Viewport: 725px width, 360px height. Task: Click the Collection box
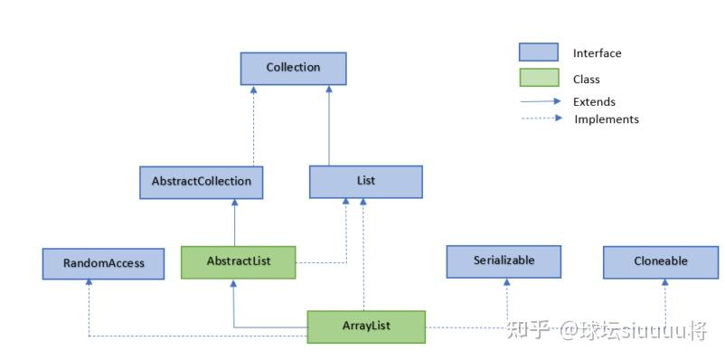point(293,68)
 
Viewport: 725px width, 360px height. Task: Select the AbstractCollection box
point(201,182)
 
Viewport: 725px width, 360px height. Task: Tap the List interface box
point(365,181)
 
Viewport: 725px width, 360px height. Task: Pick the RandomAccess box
point(103,264)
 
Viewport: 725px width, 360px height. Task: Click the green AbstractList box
point(238,261)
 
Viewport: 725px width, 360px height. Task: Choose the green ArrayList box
point(366,327)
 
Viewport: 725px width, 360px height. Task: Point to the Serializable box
point(504,261)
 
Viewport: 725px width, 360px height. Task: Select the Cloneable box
point(660,261)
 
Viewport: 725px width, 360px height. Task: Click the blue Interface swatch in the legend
point(539,53)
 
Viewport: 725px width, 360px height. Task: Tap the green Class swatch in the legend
point(539,79)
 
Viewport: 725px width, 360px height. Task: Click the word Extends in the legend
point(594,102)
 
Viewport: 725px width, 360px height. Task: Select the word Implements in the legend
point(607,119)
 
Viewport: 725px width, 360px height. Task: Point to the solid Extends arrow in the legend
point(541,101)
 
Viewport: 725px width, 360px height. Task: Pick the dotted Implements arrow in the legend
point(541,118)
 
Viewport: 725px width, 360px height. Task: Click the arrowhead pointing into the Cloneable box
point(664,282)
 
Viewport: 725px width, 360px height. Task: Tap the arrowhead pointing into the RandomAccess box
point(89,282)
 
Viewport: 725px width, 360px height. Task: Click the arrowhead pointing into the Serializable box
point(506,282)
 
